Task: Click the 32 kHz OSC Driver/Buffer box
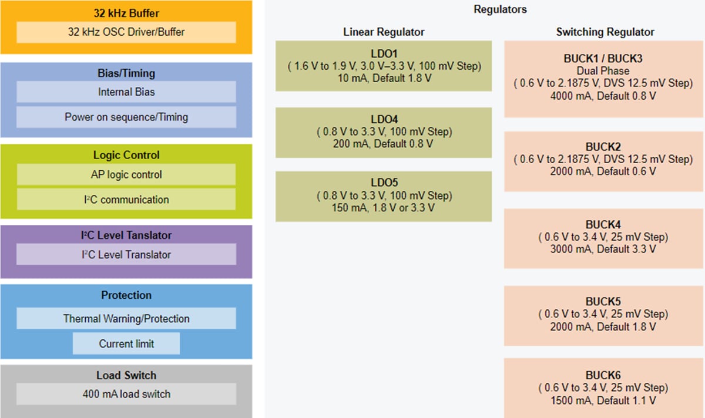click(126, 32)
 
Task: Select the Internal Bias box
click(126, 92)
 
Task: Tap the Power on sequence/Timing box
click(126, 117)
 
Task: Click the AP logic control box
click(126, 174)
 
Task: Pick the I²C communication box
click(126, 200)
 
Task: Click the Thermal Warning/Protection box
click(126, 319)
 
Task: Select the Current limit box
click(126, 343)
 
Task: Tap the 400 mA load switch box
click(126, 394)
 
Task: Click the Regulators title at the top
click(500, 9)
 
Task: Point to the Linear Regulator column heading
click(384, 32)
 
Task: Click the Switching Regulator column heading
click(605, 32)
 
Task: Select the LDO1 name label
click(384, 54)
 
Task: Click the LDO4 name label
click(384, 119)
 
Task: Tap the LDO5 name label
click(384, 183)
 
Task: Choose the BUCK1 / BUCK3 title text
click(603, 59)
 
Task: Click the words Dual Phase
click(603, 71)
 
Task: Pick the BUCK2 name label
click(603, 147)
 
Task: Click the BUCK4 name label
click(603, 225)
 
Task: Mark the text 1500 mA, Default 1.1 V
click(603, 400)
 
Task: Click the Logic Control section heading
click(126, 155)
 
